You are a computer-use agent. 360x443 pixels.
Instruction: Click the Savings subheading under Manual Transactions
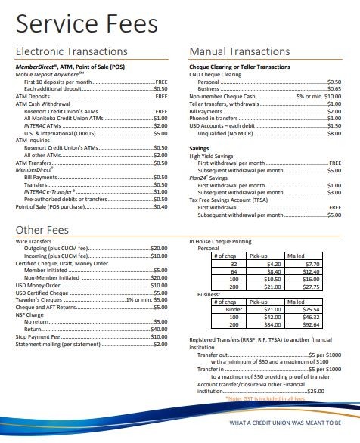199,149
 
